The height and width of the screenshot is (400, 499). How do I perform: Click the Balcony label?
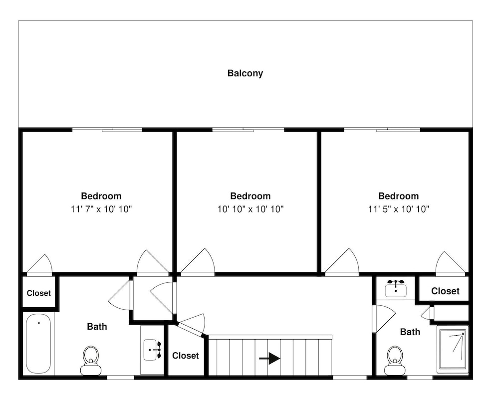coord(245,73)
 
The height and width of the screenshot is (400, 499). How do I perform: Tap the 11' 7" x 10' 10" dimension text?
coord(101,209)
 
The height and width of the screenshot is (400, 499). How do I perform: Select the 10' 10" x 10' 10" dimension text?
coord(250,209)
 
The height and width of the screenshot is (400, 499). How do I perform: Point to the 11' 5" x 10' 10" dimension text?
coord(399,209)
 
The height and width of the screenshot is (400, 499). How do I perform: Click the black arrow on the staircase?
coord(269,358)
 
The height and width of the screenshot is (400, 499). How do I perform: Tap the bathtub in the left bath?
coord(38,344)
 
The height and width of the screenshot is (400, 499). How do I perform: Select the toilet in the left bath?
coord(91,361)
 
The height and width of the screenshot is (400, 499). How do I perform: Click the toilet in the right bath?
coord(395,361)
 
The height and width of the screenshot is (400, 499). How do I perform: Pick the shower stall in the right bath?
coord(453,349)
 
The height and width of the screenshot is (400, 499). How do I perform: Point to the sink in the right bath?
coord(396,288)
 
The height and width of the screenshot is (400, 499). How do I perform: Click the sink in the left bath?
coord(152,350)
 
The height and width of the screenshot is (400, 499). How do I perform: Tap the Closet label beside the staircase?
coord(186,356)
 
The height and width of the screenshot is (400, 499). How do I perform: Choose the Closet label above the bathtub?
coord(38,293)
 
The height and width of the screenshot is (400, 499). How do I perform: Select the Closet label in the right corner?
coord(445,291)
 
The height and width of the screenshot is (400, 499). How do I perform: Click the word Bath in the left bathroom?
coord(97,327)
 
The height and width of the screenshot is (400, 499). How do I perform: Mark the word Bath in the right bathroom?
coord(410,332)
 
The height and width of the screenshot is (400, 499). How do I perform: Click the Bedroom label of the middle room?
coord(250,196)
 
